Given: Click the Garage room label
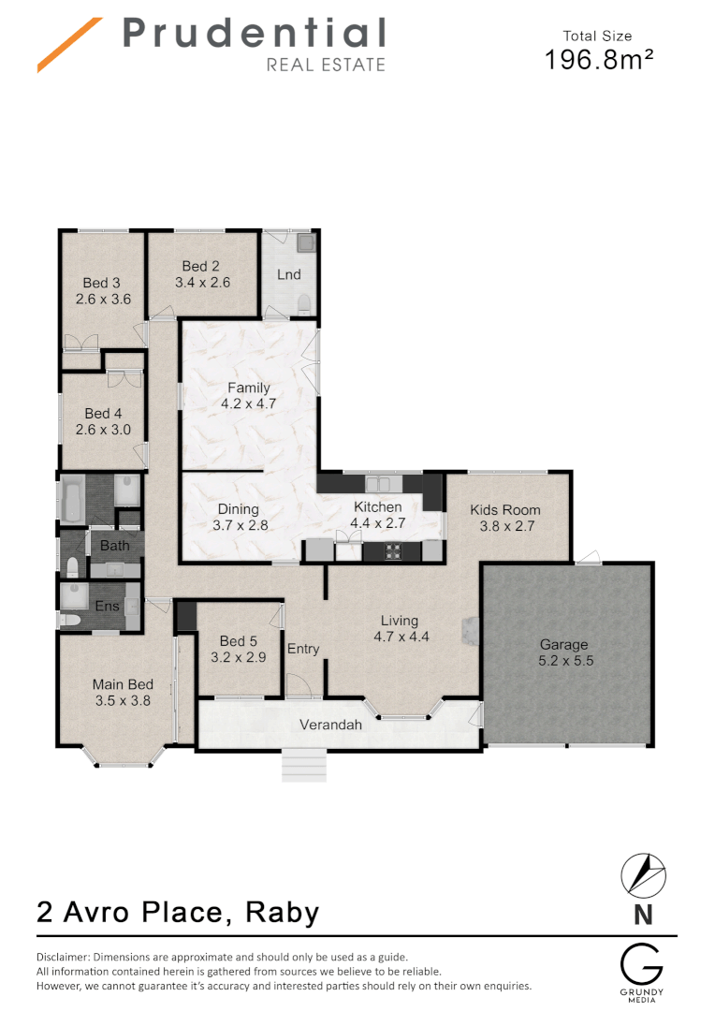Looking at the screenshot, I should point(563,644).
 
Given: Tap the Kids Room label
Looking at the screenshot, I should point(505,510).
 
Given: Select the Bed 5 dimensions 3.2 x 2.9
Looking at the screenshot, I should point(238,657).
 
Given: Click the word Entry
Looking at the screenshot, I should point(303,649).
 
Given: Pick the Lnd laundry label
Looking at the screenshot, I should point(288,274).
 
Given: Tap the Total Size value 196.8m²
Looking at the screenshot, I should point(599,60).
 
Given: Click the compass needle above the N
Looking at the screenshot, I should point(643,874).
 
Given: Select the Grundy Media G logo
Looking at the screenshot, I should point(642,965).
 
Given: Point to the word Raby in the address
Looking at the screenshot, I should point(282,911).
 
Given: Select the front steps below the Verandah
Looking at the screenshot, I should point(303,765).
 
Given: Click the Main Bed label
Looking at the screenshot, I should point(122,684).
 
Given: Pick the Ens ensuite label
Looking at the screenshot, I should point(107,606).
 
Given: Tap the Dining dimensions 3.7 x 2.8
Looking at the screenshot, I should point(240,525).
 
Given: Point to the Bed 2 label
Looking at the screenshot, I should point(201,267).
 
